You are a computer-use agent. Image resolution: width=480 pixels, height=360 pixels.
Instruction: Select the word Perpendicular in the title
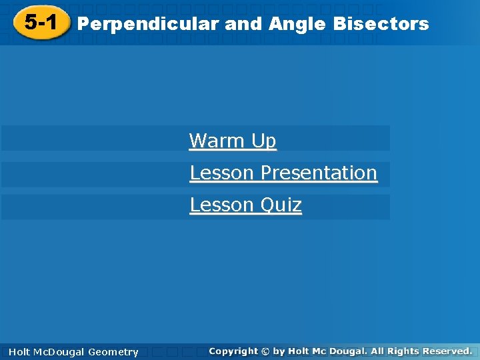click(x=148, y=25)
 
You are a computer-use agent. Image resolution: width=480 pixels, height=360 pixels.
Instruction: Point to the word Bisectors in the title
click(x=381, y=25)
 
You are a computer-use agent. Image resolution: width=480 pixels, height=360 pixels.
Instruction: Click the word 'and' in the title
click(x=244, y=25)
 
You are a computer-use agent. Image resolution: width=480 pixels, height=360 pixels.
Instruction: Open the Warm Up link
click(x=233, y=141)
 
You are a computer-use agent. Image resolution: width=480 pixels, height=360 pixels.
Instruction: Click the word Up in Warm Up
click(x=264, y=141)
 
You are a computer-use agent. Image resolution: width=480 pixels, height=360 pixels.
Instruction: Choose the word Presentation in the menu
click(x=319, y=173)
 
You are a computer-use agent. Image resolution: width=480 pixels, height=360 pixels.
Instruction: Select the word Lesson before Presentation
click(x=222, y=173)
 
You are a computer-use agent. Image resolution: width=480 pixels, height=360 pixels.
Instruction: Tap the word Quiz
click(x=281, y=205)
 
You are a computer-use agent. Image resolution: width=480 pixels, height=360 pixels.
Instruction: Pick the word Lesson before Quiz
click(x=222, y=205)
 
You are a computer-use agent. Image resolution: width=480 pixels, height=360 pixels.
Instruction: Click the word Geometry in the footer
click(x=113, y=352)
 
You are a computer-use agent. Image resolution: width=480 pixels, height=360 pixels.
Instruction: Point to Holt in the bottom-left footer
click(x=20, y=352)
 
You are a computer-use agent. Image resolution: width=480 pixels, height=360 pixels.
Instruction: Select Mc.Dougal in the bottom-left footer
click(x=60, y=352)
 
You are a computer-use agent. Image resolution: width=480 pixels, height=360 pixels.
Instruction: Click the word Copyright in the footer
click(x=233, y=351)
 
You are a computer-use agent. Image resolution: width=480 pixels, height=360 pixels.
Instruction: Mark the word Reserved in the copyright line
click(x=447, y=351)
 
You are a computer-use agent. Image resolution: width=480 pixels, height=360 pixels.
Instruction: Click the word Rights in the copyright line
click(x=405, y=351)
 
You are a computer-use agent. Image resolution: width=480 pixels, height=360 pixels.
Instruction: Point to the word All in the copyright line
click(x=379, y=351)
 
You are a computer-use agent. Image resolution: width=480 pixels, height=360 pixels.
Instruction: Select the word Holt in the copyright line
click(x=300, y=351)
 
